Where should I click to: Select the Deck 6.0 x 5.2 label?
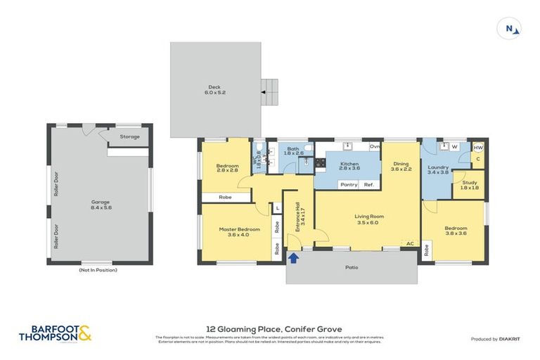pyautogui.click(x=215, y=90)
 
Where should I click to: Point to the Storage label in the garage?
pyautogui.click(x=129, y=136)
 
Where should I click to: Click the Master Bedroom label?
pyautogui.click(x=234, y=232)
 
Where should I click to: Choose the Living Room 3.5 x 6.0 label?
pyautogui.click(x=368, y=219)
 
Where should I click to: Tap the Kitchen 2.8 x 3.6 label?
pyautogui.click(x=349, y=166)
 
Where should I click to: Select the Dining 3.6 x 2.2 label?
pyautogui.click(x=400, y=166)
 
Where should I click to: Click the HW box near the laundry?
pyautogui.click(x=478, y=148)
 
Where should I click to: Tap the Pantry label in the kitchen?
pyautogui.click(x=348, y=185)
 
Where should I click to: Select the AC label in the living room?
pyautogui.click(x=409, y=243)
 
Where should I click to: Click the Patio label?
pyautogui.click(x=351, y=267)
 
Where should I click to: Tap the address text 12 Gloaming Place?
pyautogui.click(x=269, y=328)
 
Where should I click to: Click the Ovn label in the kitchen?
pyautogui.click(x=375, y=146)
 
